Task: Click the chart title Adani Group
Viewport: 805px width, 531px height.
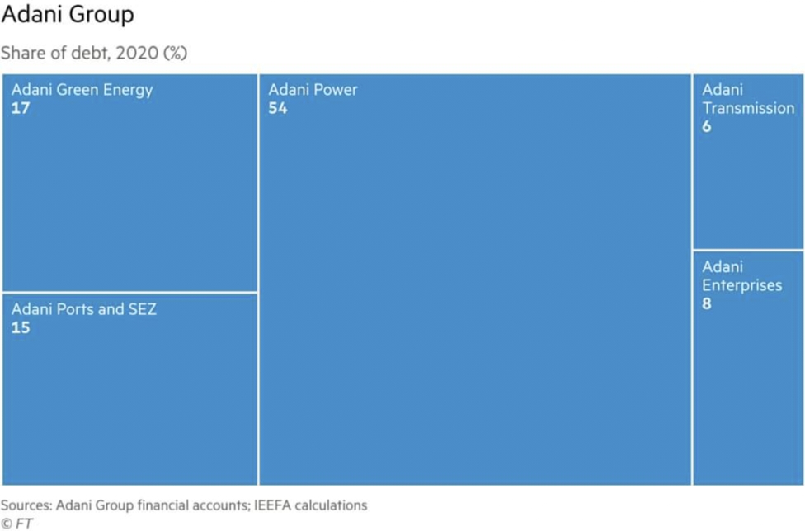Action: pyautogui.click(x=68, y=15)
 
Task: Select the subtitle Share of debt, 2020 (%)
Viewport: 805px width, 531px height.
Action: pyautogui.click(x=94, y=54)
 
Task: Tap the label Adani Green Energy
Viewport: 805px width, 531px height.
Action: pyautogui.click(x=82, y=91)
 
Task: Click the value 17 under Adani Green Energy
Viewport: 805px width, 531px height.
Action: pyautogui.click(x=21, y=108)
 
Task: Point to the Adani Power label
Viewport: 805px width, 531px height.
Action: pyautogui.click(x=313, y=90)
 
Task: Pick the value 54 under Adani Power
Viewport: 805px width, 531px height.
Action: pyautogui.click(x=278, y=108)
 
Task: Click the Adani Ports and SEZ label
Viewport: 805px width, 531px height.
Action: pyautogui.click(x=83, y=309)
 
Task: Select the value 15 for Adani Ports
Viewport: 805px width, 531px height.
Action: pyautogui.click(x=21, y=328)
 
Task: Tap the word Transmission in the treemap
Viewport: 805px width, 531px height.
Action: pyautogui.click(x=748, y=108)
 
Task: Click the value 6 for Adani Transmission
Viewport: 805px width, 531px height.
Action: pyautogui.click(x=706, y=127)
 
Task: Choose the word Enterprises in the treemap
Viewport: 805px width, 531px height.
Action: pyautogui.click(x=741, y=286)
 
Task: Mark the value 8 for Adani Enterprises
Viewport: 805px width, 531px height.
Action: pyautogui.click(x=706, y=303)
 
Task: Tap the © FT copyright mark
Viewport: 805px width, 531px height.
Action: pyautogui.click(x=17, y=524)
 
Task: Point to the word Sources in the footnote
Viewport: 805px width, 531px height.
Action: pyautogui.click(x=26, y=505)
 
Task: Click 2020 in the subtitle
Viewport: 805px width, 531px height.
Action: pyautogui.click(x=137, y=54)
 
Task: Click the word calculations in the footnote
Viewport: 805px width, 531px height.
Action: pyautogui.click(x=331, y=505)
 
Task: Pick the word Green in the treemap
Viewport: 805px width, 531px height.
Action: pyautogui.click(x=78, y=90)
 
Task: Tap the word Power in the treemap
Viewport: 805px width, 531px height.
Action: pyautogui.click(x=335, y=90)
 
